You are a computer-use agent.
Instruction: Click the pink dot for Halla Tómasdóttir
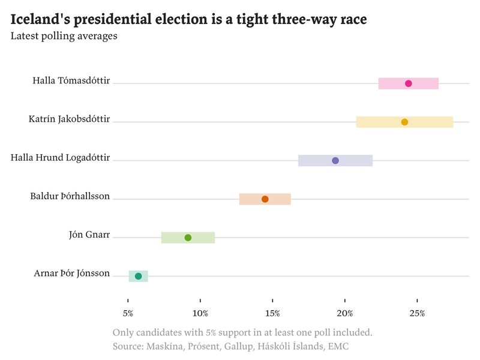409,83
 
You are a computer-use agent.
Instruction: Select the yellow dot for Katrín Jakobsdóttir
404,122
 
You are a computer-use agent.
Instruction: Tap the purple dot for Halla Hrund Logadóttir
335,160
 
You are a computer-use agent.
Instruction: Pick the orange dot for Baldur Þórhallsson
265,199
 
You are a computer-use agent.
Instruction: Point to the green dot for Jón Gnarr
188,238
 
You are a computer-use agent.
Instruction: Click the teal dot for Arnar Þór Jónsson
138,276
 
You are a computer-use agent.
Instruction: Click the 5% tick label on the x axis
128,313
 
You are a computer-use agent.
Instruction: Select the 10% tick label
200,313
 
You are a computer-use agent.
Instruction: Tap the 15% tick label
272,313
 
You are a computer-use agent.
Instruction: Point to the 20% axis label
345,313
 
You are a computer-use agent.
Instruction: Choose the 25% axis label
418,313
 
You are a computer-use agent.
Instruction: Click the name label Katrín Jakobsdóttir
69,119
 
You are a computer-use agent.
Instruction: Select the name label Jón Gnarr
89,235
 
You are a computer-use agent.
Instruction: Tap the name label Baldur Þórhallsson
70,196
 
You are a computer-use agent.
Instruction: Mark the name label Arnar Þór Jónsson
72,274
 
